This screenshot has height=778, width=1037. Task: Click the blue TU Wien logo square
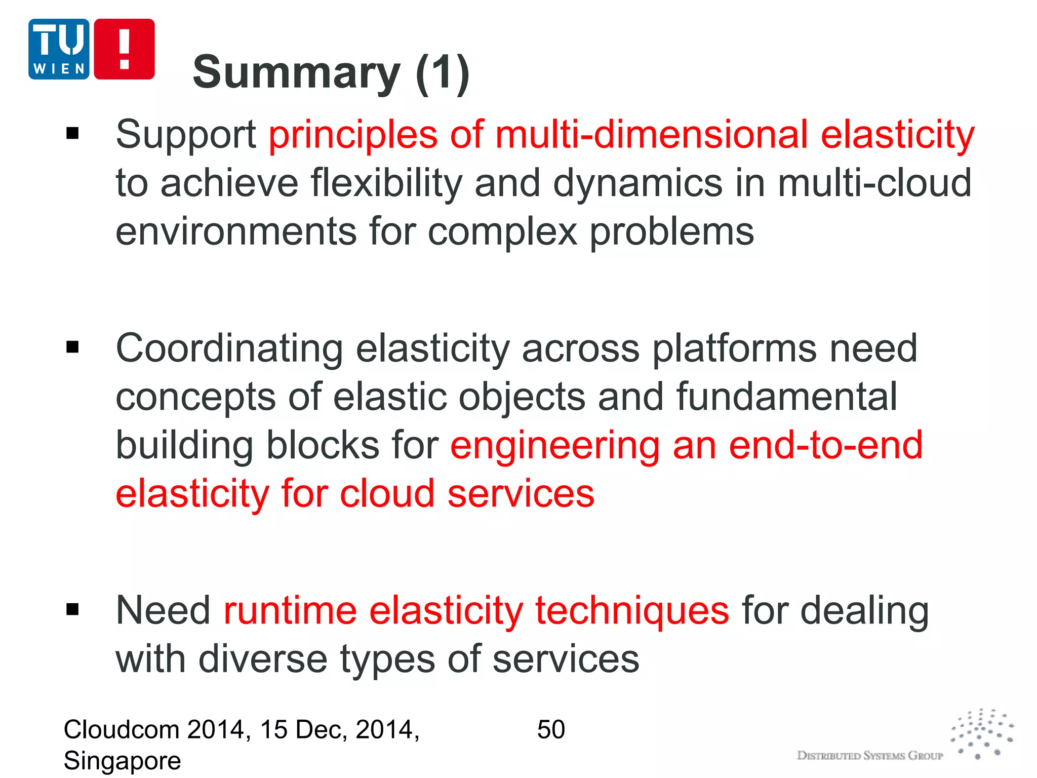click(x=59, y=49)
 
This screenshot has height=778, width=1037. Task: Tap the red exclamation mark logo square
click(x=124, y=49)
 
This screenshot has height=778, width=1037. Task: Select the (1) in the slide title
click(x=443, y=73)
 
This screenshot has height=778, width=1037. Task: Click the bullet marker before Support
click(x=73, y=134)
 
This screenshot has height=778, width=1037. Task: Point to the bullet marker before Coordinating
click(x=73, y=347)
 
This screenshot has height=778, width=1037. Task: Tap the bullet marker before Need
click(x=73, y=609)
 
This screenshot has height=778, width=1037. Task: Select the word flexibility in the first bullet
click(x=386, y=183)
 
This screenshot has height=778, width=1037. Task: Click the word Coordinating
click(x=229, y=349)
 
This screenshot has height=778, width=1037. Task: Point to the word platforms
click(x=734, y=349)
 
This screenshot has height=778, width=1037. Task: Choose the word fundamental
click(x=786, y=397)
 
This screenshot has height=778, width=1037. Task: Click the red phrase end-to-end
click(x=825, y=446)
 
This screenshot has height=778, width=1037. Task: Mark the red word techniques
click(x=632, y=611)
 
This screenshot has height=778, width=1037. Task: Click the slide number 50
click(x=551, y=730)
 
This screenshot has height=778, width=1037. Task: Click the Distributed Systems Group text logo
click(x=870, y=756)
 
